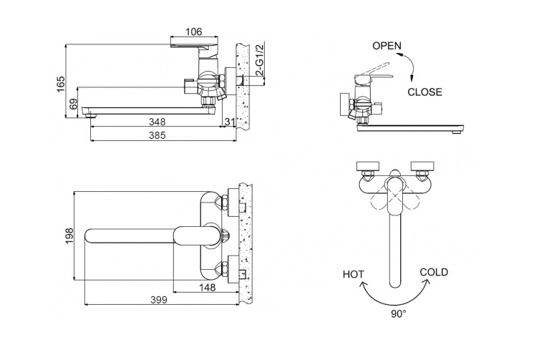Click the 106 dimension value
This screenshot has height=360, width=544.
click(x=193, y=32)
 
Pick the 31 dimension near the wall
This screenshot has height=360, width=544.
click(x=230, y=122)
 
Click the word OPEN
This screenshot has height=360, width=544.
click(x=387, y=46)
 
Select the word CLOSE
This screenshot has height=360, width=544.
click(x=424, y=92)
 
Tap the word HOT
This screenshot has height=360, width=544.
click(x=353, y=274)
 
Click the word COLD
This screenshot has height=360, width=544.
click(x=434, y=272)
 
